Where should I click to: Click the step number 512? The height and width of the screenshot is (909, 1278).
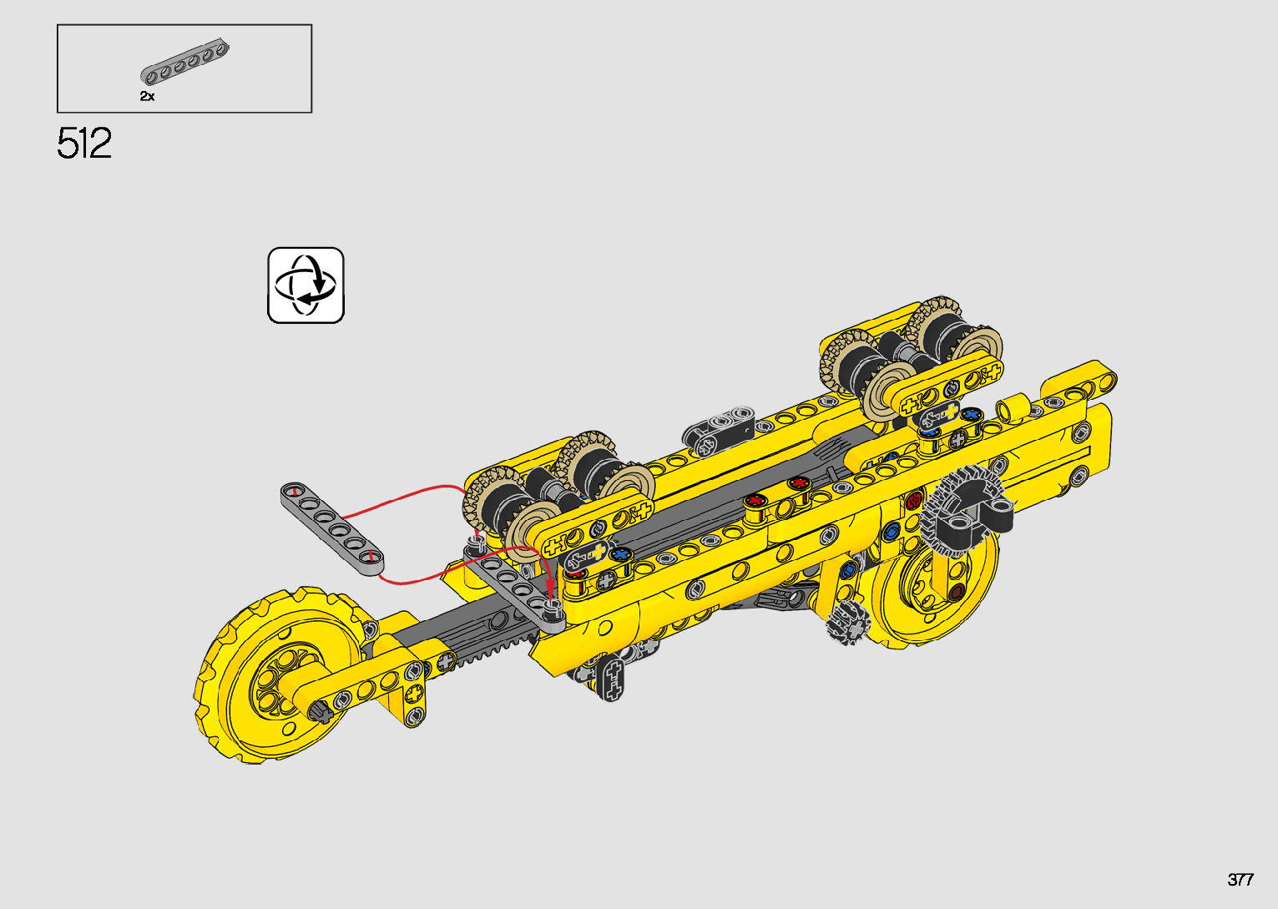83,144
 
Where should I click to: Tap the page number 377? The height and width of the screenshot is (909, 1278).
1240,879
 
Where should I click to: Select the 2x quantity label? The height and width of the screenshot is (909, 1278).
147,97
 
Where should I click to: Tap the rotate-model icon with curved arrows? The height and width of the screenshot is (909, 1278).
306,285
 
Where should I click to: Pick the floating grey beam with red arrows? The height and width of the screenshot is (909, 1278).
331,528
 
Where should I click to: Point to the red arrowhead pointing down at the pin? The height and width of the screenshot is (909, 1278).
549,587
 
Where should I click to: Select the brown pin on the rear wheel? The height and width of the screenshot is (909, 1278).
957,592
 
